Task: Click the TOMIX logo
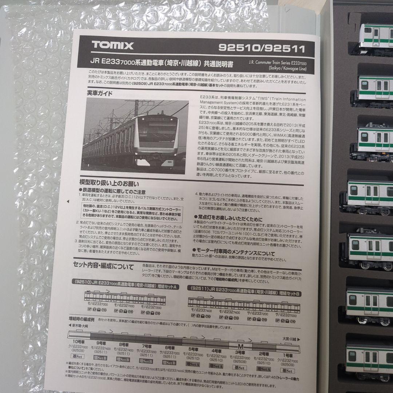(112, 45)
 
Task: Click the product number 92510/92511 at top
(262, 48)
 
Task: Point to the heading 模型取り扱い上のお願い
(109, 184)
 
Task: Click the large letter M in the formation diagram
(240, 345)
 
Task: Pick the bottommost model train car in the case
(369, 358)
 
